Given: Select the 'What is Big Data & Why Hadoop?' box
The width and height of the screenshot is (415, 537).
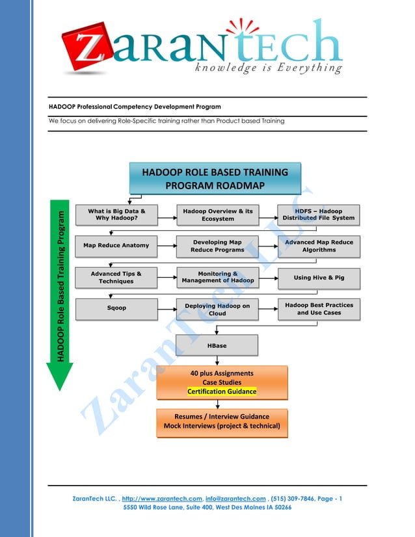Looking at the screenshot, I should [x=116, y=215].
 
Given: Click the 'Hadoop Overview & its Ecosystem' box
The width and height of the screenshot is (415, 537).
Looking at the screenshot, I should [x=217, y=215].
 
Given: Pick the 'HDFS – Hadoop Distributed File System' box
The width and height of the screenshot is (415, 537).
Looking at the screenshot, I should [x=319, y=215].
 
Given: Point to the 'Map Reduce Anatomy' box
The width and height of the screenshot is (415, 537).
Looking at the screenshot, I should [x=116, y=246].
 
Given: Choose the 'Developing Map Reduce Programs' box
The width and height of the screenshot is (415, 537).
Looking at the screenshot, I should [x=217, y=246].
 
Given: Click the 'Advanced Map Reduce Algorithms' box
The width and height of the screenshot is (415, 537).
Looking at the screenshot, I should [x=319, y=246].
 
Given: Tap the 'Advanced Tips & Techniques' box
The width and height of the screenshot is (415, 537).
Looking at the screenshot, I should [x=116, y=278].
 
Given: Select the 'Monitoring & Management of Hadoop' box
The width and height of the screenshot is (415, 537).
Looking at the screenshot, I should [x=217, y=278].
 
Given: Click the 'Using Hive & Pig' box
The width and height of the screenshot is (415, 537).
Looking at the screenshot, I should [x=319, y=278].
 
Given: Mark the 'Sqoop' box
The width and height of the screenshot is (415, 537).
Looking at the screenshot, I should [x=116, y=309].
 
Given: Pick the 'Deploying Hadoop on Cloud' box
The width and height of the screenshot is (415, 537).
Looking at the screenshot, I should [x=217, y=309].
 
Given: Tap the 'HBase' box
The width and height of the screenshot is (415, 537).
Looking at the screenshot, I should [x=217, y=346].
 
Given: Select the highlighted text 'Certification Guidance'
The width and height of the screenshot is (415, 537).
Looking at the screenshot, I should [x=222, y=391].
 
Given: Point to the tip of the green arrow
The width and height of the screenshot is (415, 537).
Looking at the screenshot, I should [x=59, y=389].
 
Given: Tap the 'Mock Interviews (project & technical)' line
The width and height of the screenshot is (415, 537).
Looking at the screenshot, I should [x=222, y=426].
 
